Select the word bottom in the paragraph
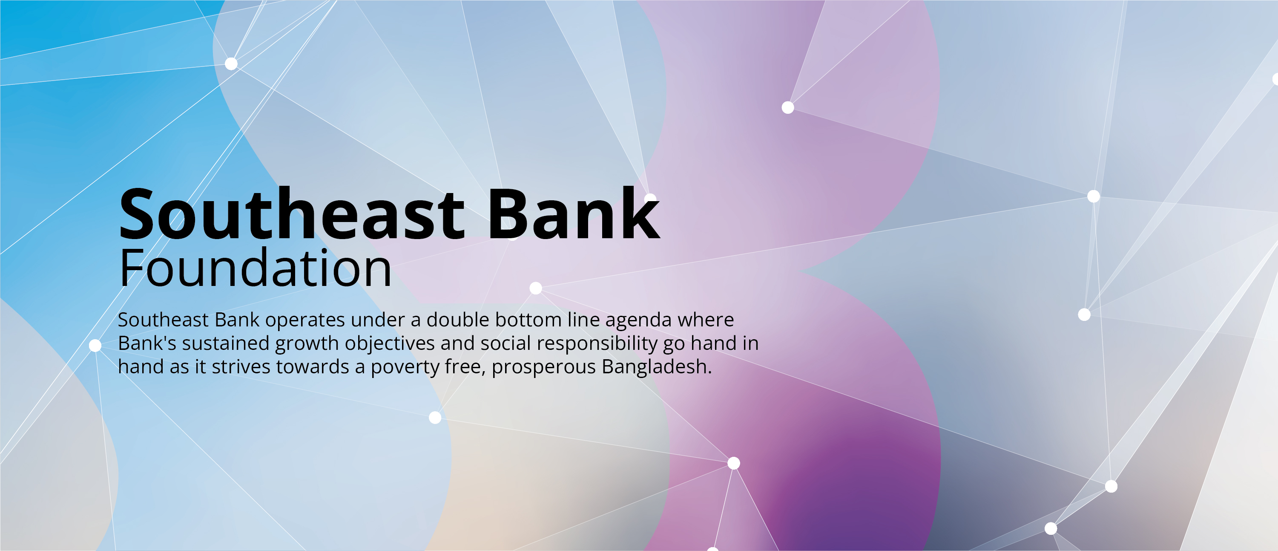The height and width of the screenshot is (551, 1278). pos(528,320)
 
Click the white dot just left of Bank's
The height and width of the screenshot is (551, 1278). pos(95,346)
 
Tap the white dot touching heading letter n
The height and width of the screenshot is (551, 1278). pos(650,198)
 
